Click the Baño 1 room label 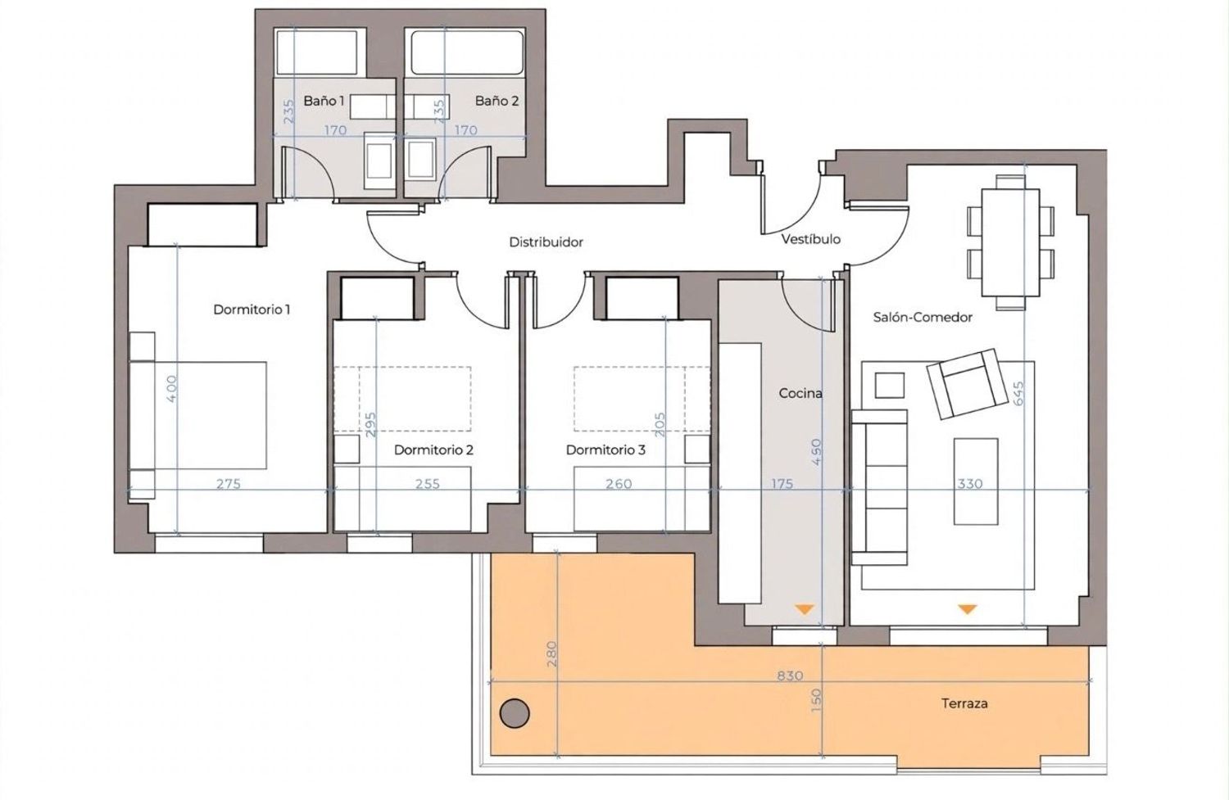[324, 102]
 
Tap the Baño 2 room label [497, 102]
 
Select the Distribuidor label [546, 242]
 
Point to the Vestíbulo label [811, 240]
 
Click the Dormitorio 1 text [252, 310]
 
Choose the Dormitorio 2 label [433, 450]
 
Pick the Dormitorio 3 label [605, 450]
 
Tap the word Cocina [800, 393]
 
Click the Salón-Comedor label [923, 318]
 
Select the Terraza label [964, 703]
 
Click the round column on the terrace [515, 713]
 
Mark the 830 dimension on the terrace [790, 676]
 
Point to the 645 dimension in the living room [1018, 394]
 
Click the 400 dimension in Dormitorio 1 [172, 388]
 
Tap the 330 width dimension [970, 484]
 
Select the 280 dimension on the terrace [551, 653]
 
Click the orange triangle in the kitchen [805, 609]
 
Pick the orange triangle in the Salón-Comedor [968, 609]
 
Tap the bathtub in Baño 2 [467, 52]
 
